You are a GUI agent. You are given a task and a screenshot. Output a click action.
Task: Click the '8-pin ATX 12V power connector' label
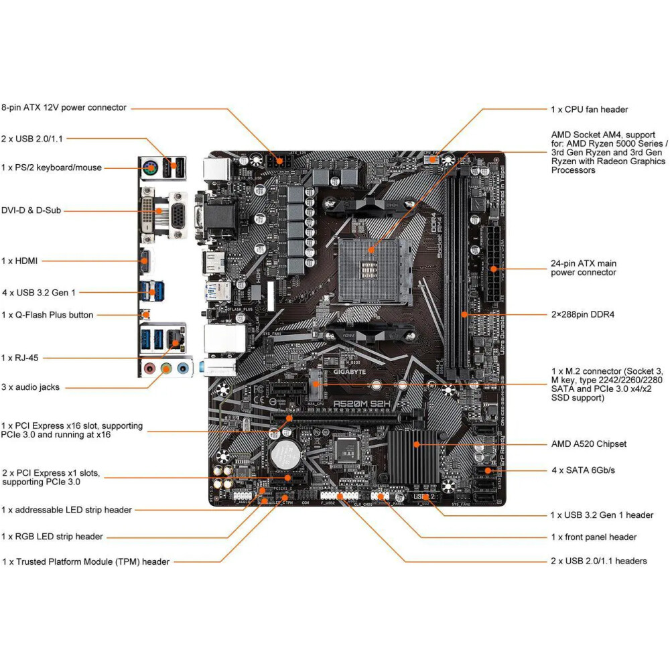[x=64, y=107]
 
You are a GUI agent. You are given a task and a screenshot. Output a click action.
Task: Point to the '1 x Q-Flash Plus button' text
[x=48, y=315]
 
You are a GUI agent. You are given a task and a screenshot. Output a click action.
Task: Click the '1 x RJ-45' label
[x=20, y=358]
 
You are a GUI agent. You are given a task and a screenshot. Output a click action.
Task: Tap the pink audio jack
[x=151, y=368]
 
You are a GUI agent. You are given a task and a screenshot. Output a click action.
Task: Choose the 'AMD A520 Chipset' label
[x=588, y=444]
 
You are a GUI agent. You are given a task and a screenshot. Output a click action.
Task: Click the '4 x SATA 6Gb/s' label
[x=583, y=470]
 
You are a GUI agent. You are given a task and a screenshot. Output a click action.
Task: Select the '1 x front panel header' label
[x=594, y=537]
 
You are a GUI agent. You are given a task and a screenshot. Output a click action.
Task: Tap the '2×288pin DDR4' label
[x=582, y=314]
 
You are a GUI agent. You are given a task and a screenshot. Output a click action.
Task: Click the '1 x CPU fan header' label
[x=590, y=109]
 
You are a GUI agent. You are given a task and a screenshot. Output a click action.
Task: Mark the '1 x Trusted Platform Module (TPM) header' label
[x=86, y=561]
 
